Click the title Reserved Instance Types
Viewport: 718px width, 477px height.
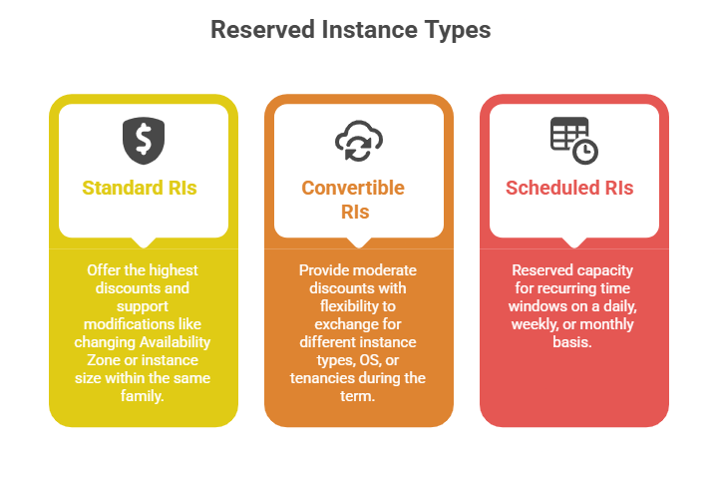(350, 30)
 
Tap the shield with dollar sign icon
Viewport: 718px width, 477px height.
(143, 141)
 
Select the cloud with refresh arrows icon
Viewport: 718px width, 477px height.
(358, 141)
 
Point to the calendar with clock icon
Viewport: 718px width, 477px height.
(573, 140)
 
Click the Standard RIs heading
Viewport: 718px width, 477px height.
(140, 188)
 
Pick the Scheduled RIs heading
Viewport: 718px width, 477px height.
(569, 188)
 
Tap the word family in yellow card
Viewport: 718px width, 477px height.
(143, 395)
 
